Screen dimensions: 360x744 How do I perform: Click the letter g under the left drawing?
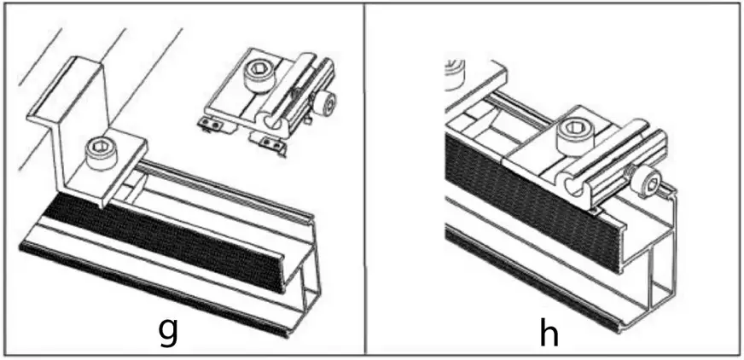click(169, 329)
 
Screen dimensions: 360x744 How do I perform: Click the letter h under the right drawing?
click(549, 332)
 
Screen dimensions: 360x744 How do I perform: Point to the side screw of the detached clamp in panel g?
click(324, 104)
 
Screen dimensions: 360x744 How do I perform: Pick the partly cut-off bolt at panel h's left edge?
click(453, 73)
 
